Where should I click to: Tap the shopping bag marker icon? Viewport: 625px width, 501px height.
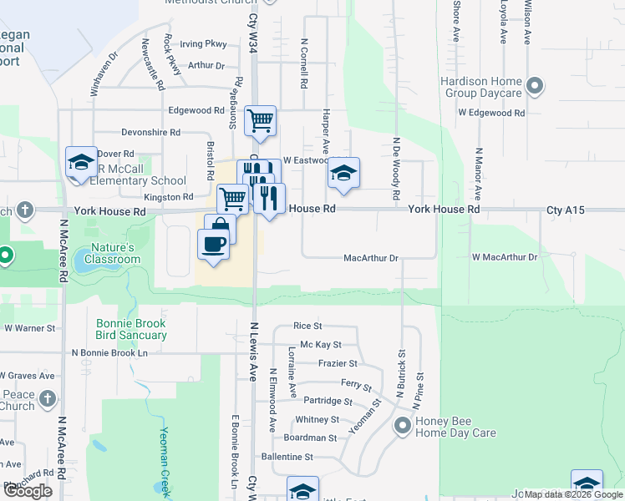tap(221, 227)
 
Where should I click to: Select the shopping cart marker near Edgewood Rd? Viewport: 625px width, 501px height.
tap(260, 120)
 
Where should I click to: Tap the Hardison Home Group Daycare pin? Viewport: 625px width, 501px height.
tap(536, 87)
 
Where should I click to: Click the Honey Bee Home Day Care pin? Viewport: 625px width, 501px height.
tap(403, 427)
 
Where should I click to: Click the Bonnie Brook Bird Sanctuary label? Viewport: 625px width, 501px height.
tap(131, 329)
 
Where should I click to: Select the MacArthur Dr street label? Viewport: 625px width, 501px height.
tap(371, 259)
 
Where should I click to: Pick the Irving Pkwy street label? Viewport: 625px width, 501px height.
tap(203, 44)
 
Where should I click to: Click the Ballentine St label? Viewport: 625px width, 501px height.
tap(287, 457)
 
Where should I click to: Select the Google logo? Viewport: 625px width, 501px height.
tap(28, 491)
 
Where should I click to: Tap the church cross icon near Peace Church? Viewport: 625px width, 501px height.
tap(47, 397)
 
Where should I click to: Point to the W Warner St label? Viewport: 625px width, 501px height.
tap(29, 328)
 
